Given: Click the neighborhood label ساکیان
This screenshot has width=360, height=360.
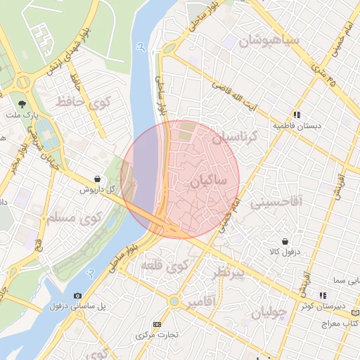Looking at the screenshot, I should coord(207,181).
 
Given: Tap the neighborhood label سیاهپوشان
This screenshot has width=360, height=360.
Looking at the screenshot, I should coord(270,41).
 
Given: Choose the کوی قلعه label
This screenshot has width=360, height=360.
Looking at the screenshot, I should coord(164,266).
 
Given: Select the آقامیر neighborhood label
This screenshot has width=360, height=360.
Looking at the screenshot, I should coord(200,303).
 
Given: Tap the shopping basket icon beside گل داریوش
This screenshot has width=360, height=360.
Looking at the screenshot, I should coord(96,179).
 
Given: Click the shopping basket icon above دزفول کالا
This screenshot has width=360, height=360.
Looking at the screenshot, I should coord(284,240).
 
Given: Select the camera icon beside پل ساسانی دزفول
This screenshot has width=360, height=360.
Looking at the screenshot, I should coord(77,296).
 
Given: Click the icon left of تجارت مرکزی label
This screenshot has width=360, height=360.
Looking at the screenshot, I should coord(156,324).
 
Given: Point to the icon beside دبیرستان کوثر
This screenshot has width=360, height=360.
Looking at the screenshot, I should coord(323,296).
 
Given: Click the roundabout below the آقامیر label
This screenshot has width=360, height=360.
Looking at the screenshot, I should coord(173,302).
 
